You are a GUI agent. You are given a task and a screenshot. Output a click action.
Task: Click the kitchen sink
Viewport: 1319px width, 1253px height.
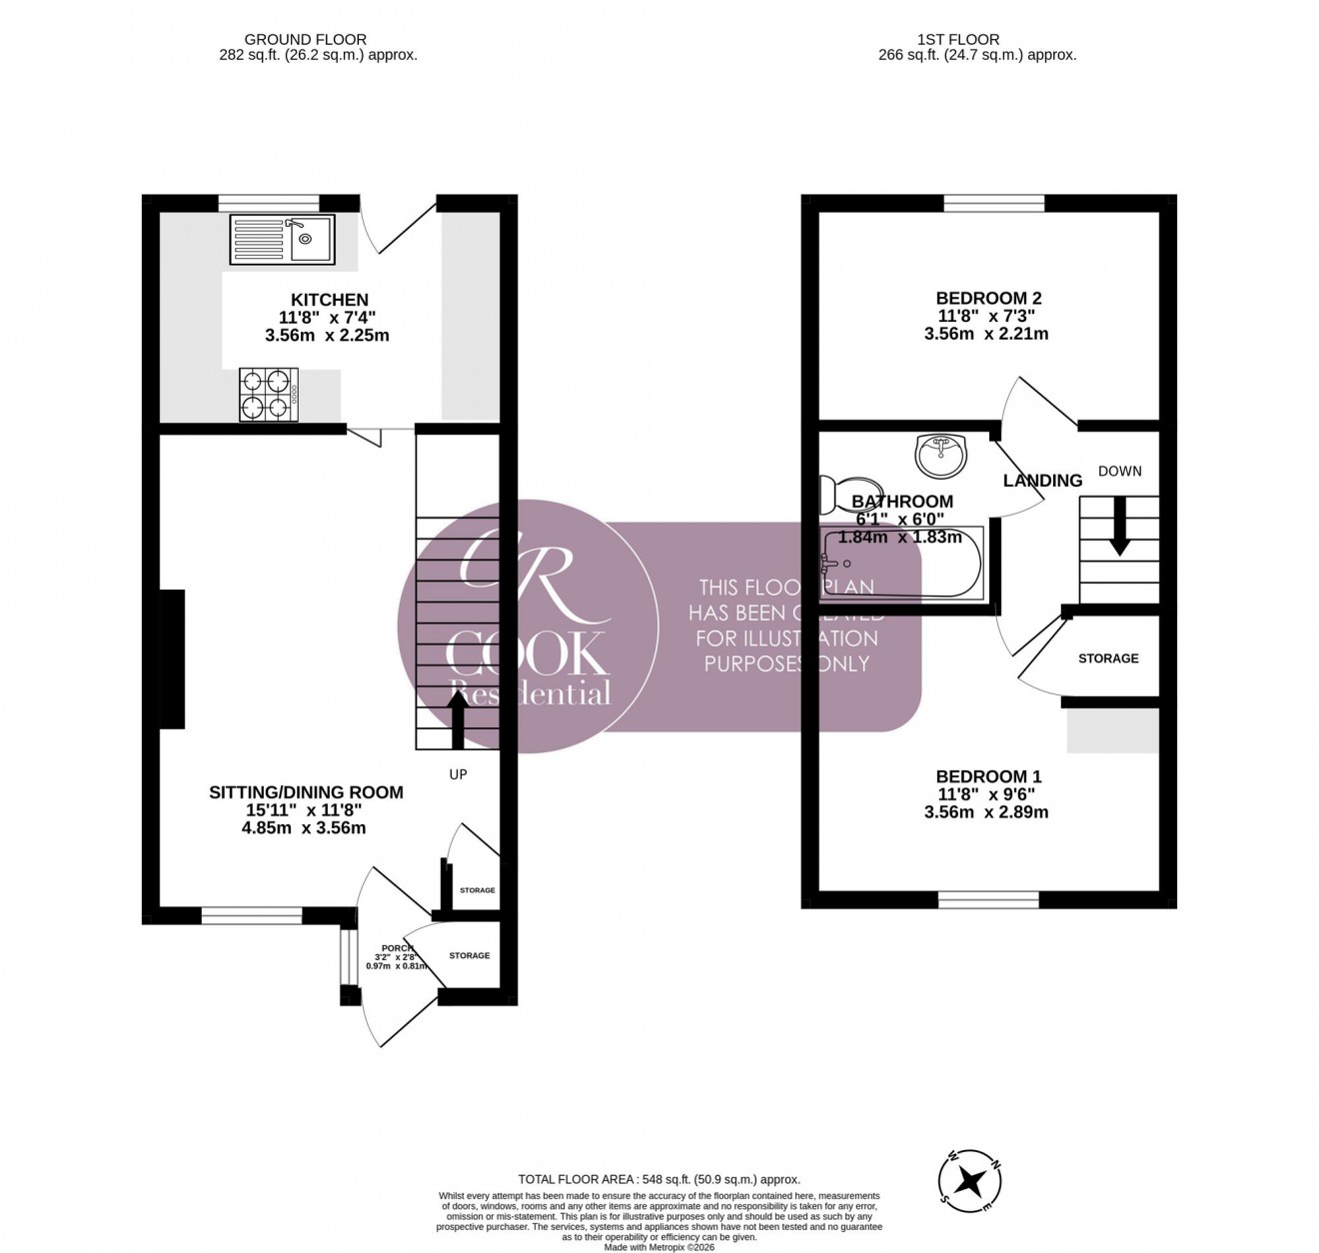(x=282, y=239)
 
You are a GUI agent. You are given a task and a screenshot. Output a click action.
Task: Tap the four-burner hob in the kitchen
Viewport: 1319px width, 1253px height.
(x=268, y=393)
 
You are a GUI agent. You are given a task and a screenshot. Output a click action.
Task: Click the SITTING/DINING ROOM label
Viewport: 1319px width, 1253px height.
(x=306, y=792)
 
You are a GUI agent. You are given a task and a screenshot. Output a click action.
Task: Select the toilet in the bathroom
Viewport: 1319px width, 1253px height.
(x=829, y=494)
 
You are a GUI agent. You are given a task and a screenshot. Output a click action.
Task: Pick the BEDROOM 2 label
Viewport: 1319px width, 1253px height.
(x=988, y=298)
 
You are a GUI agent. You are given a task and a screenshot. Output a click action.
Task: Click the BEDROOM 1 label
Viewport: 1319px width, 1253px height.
(x=988, y=776)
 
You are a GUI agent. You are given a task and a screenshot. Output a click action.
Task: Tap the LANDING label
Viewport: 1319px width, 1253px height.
(x=1042, y=481)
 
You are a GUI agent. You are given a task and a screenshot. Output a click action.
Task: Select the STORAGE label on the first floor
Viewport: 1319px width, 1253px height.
(x=1108, y=658)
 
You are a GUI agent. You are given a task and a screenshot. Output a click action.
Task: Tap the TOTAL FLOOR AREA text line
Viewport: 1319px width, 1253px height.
(x=659, y=1179)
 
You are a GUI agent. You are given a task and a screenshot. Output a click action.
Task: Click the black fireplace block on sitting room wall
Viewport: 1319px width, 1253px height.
(x=172, y=658)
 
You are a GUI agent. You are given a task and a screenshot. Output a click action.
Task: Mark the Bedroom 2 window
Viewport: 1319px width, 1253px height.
(x=994, y=204)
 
